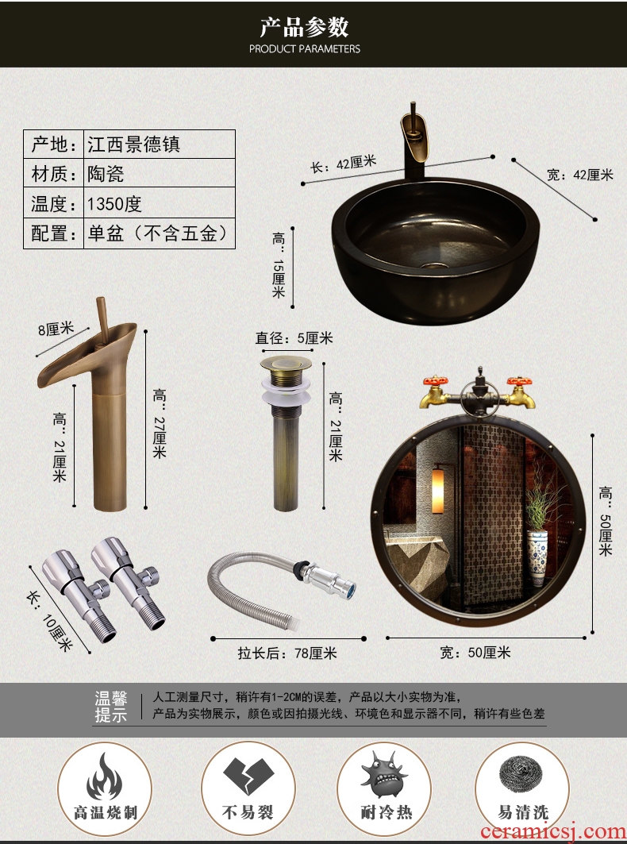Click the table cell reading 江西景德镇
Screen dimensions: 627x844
[x=133, y=145]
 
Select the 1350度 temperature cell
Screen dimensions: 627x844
[x=114, y=203]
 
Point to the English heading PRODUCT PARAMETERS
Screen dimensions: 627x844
[x=305, y=49]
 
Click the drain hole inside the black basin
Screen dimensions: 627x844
[x=430, y=265]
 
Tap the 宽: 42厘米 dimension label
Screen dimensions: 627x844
[x=579, y=175]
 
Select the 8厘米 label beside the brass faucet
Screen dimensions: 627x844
[x=56, y=329]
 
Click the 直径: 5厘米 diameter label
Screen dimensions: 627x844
[x=294, y=338]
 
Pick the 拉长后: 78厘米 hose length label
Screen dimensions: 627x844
[x=287, y=653]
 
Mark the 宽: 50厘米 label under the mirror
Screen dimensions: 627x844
[x=475, y=653]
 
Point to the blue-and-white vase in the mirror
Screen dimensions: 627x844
[x=537, y=557]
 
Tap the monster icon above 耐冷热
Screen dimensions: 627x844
[x=384, y=775]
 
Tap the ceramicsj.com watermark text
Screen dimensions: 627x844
[x=553, y=831]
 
